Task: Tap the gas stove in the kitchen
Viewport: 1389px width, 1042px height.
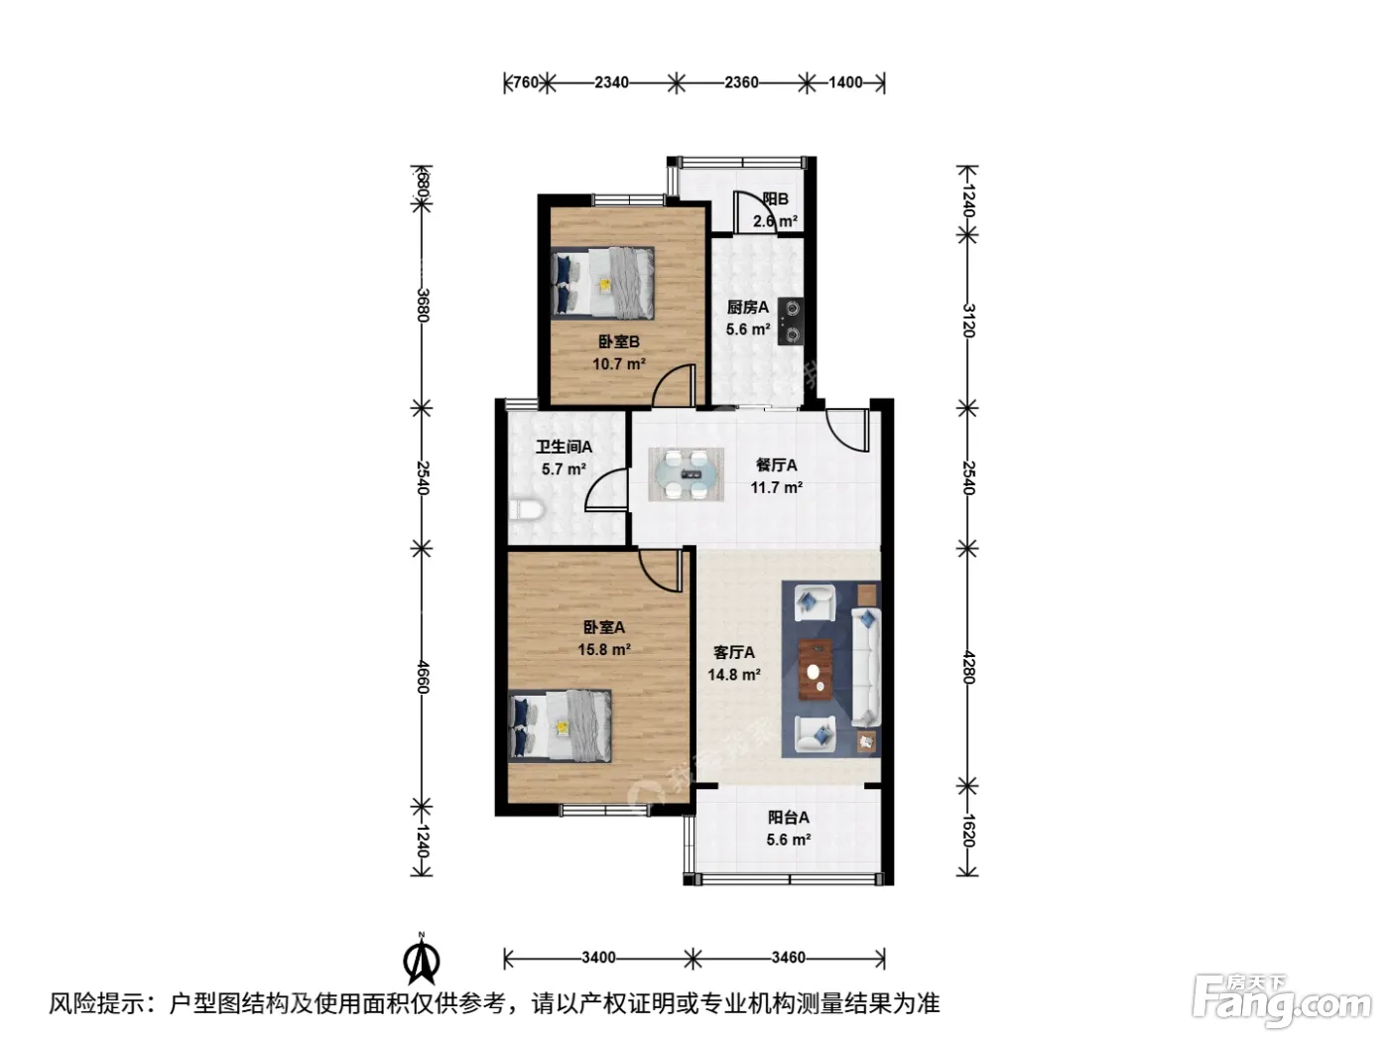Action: (x=791, y=322)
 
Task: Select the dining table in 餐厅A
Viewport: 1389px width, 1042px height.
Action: (x=686, y=474)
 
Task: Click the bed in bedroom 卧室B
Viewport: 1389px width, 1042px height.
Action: (x=602, y=282)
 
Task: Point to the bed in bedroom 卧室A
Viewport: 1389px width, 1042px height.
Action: (x=560, y=725)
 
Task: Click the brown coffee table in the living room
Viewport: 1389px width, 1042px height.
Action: (x=816, y=670)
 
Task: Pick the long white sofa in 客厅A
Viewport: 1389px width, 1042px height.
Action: (x=866, y=667)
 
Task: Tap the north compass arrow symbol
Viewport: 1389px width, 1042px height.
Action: (x=422, y=959)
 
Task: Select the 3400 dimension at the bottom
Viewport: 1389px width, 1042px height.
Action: (x=598, y=958)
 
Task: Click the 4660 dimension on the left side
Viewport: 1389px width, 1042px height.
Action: (x=423, y=677)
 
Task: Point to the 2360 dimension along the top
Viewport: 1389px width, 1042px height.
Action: (x=741, y=82)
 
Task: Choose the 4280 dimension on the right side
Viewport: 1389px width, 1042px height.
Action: (x=968, y=667)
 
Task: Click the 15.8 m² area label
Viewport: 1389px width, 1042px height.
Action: (x=603, y=649)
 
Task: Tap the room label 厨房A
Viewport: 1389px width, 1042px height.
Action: (x=747, y=308)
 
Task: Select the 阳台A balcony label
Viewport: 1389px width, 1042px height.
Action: (x=789, y=818)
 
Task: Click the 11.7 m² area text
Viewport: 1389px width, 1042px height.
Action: (x=777, y=487)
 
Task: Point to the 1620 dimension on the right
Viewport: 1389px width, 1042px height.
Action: (x=968, y=832)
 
